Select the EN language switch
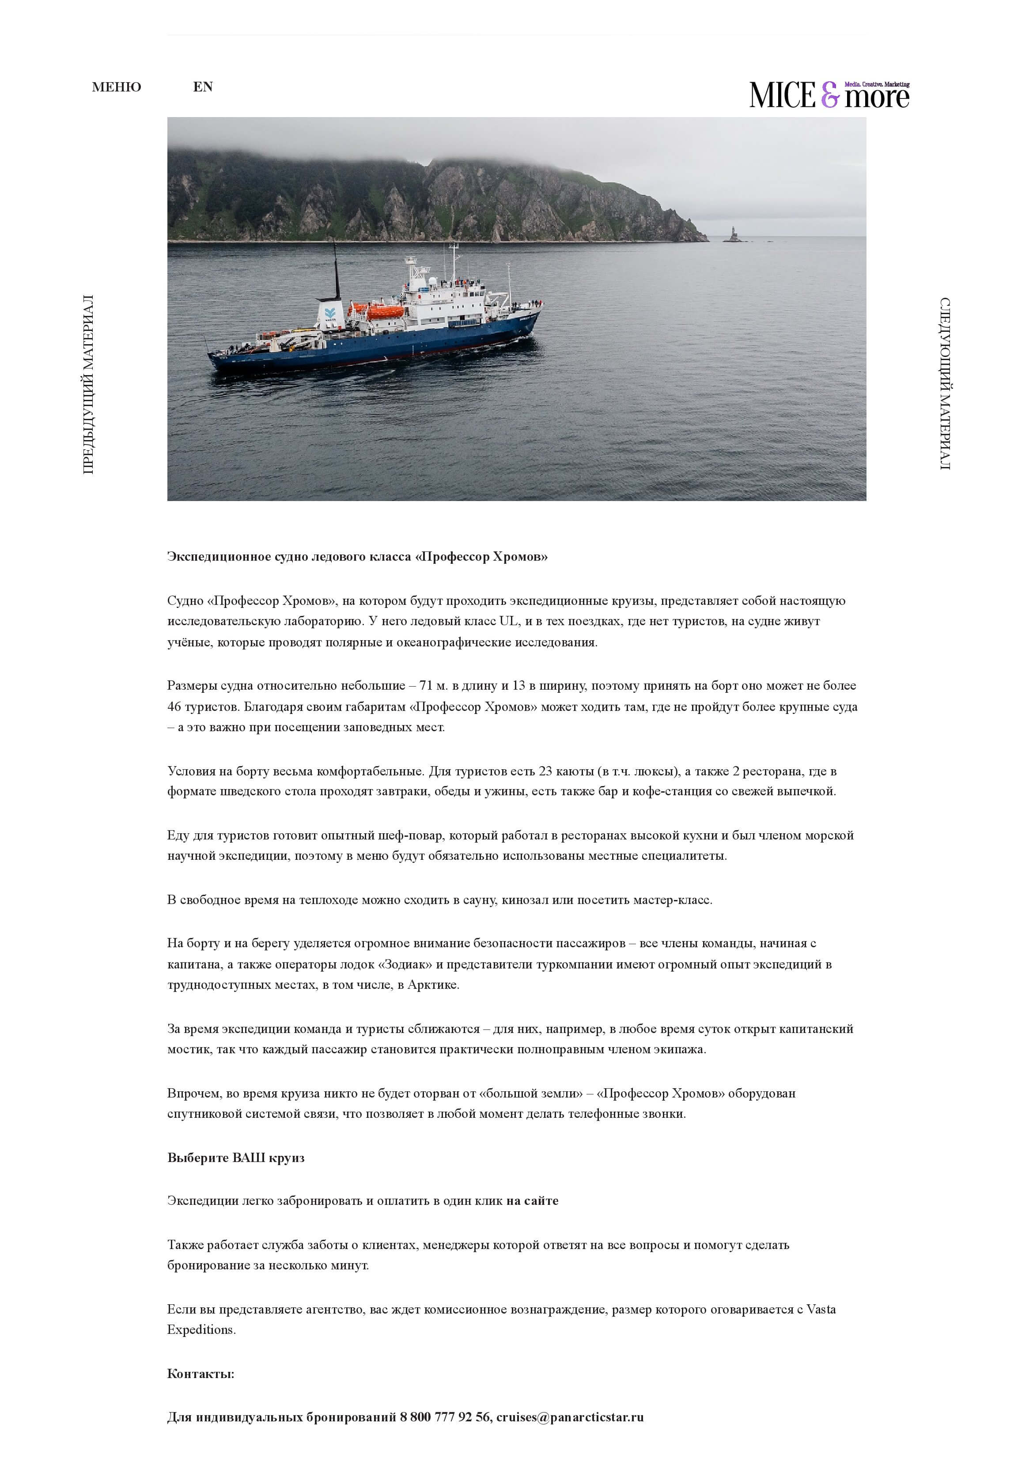point(203,87)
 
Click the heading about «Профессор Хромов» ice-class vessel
point(357,557)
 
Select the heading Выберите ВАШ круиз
point(235,1158)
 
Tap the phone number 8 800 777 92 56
point(445,1417)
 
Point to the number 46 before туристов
point(174,707)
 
